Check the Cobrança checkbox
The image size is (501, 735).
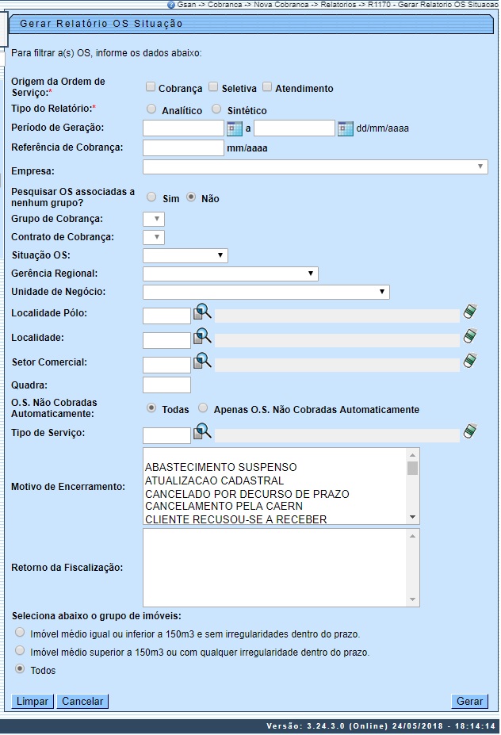coord(151,87)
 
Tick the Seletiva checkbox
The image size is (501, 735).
coord(213,87)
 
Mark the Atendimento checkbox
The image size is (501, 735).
coord(267,87)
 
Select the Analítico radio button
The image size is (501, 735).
coord(151,109)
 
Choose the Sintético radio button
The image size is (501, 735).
coord(216,109)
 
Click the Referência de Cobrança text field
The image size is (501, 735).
coord(184,147)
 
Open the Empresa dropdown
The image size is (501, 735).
coord(315,167)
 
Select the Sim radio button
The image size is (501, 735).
coord(151,197)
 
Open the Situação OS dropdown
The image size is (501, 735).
coord(185,255)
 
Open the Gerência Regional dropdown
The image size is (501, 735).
coord(230,274)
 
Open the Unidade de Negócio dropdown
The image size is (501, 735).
coord(266,292)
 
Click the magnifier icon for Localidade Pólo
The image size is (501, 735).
coord(203,312)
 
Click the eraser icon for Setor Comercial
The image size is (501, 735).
coord(471,361)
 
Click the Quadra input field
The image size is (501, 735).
coord(166,385)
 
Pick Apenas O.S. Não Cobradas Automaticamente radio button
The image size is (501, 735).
coord(204,408)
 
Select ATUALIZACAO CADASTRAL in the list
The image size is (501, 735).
coord(214,480)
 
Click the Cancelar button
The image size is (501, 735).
coord(83,701)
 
